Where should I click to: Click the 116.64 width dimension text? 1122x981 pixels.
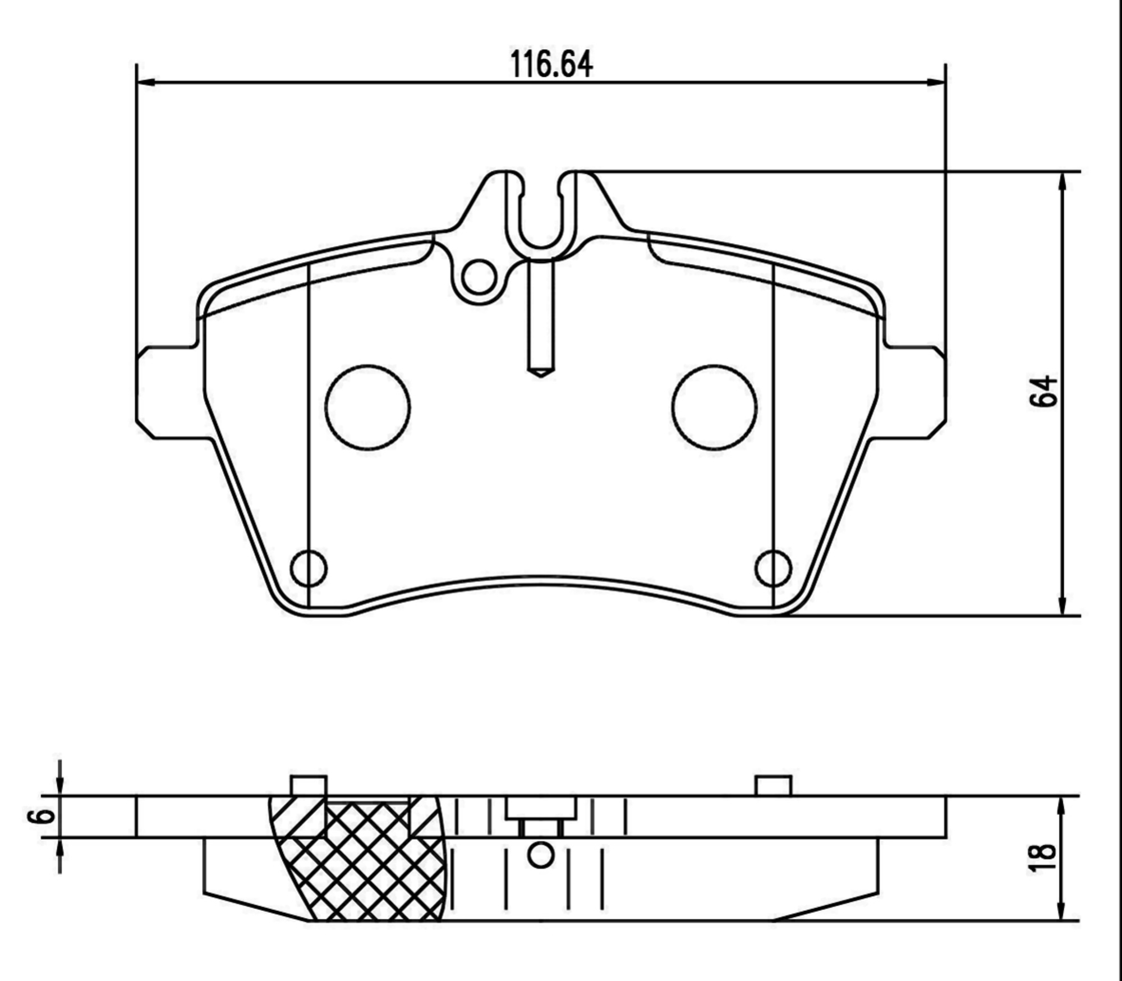(551, 65)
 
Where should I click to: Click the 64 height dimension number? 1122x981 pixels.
(1043, 391)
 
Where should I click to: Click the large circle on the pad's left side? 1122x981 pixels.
(367, 407)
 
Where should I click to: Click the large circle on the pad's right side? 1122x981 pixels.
(714, 407)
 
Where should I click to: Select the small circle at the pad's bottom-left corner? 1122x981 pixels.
(309, 568)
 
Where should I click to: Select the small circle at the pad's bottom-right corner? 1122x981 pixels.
(774, 568)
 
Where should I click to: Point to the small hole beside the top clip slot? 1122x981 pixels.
(479, 277)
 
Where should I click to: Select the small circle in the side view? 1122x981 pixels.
(541, 855)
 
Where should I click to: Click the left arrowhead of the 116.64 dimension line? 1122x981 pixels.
(145, 82)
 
